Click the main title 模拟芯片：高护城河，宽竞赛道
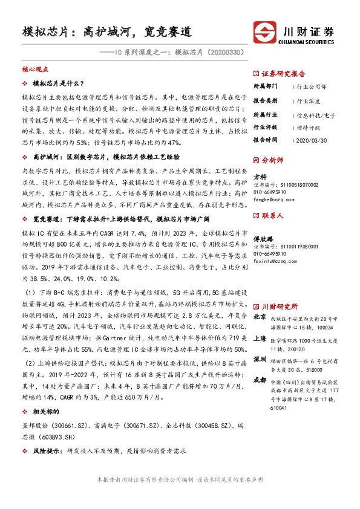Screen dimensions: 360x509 tap(106, 31)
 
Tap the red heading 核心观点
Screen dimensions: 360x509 tap(34, 70)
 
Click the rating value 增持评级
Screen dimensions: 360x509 tap(310, 128)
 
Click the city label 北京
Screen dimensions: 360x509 tap(260, 316)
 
